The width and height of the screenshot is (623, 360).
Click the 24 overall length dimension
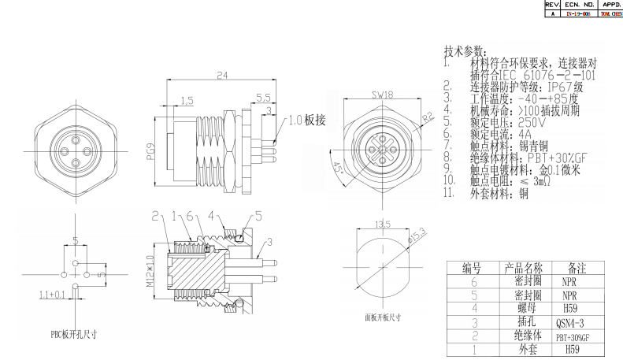point(221,75)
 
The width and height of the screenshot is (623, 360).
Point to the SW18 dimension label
point(381,95)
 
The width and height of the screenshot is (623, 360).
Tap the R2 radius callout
point(428,117)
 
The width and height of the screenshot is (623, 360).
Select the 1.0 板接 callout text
point(308,121)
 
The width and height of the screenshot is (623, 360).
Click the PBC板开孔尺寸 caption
point(74,334)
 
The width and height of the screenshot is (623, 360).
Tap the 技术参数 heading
point(464,50)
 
